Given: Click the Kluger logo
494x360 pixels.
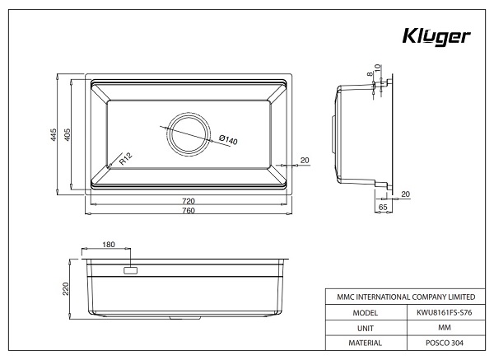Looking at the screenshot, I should pos(436,38).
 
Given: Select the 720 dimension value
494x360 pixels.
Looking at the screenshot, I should pos(188,201).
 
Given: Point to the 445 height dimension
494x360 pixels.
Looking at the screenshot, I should pos(54,136).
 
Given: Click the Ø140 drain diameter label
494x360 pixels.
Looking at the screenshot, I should pos(228,139).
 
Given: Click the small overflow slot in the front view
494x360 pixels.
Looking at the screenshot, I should pos(131,270).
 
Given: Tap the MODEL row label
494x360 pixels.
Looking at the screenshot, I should pos(365,313).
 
